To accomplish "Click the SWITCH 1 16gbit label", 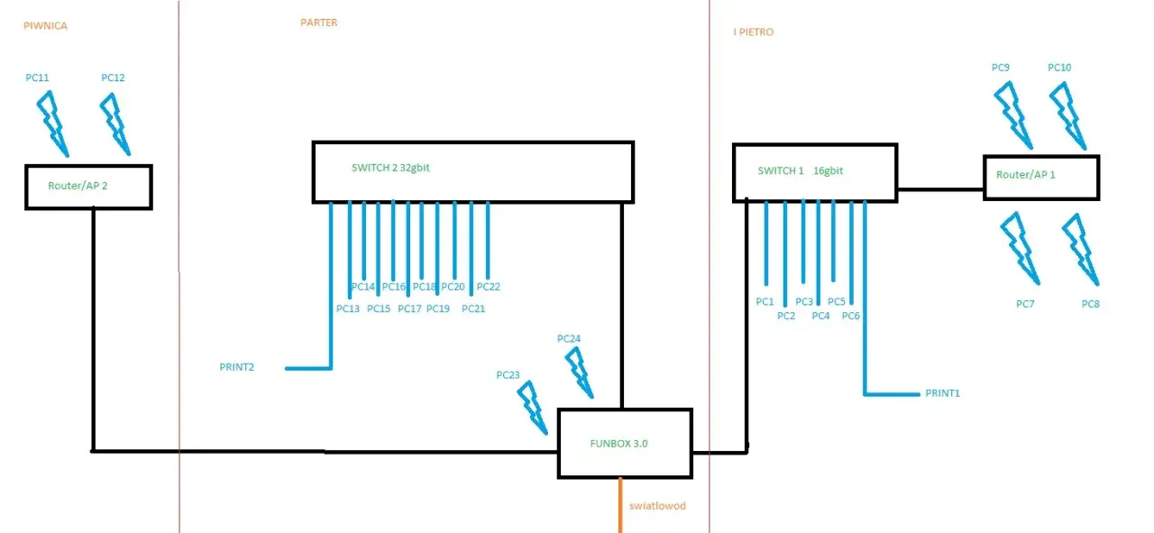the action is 800,170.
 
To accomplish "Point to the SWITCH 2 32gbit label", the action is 390,168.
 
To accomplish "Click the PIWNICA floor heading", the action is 45,26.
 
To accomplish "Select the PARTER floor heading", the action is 319,23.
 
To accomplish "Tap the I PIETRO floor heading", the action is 753,32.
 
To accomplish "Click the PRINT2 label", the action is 237,367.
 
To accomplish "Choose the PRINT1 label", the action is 943,393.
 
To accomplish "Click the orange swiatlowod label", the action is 657,506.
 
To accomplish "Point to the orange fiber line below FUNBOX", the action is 620,505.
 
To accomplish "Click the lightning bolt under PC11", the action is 53,124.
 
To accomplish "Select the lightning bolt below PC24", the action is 580,372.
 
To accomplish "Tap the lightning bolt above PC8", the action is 1081,250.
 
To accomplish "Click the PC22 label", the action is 489,287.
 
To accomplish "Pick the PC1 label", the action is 765,301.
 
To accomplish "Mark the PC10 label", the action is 1059,68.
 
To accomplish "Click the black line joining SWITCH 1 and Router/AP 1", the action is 940,189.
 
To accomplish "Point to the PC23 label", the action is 508,375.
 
